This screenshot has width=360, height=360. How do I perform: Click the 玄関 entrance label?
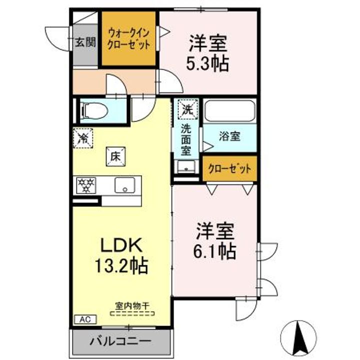point(85,42)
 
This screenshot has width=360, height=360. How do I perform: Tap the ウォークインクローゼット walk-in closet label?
point(128,39)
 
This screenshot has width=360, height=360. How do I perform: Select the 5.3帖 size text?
point(207,63)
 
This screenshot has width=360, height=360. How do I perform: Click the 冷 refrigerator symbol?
point(83,138)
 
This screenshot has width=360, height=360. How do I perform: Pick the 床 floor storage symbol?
point(115,156)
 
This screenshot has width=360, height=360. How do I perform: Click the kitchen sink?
point(125,185)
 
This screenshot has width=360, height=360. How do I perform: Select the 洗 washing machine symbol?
point(188,109)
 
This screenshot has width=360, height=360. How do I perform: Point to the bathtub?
point(230,111)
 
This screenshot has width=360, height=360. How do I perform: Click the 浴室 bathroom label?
point(229,136)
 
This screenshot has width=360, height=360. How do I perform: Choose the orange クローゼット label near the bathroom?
point(229,169)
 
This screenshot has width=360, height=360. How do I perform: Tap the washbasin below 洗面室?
point(186,166)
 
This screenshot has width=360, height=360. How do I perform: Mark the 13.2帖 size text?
point(121,265)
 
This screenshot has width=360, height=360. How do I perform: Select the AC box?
point(85,319)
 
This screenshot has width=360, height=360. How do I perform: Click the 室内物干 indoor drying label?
point(132,306)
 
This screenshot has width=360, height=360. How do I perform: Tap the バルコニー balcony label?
point(120,341)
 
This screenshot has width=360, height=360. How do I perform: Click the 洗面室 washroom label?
point(186,140)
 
